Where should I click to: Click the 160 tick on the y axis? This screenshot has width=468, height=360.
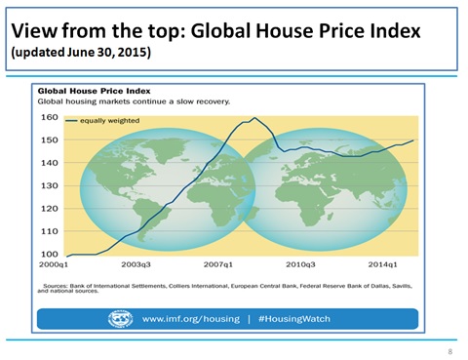[50, 117]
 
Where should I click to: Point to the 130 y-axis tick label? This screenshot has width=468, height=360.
[50, 185]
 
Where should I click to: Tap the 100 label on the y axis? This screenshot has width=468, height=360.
[50, 254]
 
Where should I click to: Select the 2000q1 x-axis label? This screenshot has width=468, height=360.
[54, 264]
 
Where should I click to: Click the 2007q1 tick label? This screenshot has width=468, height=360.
[218, 264]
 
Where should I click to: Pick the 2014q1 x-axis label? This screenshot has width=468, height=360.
[382, 264]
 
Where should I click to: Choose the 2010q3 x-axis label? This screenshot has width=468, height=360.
[300, 264]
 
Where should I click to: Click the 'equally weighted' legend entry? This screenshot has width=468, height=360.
[102, 121]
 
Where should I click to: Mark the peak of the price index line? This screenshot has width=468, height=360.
[254, 118]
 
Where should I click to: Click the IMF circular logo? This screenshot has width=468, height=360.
[120, 319]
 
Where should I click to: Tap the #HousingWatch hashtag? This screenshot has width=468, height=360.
[294, 319]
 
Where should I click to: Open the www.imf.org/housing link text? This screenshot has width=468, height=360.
[191, 319]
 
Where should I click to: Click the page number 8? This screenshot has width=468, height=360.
[450, 351]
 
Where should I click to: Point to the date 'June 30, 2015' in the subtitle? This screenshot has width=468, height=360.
[107, 52]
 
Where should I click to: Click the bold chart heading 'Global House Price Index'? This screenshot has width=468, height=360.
[95, 91]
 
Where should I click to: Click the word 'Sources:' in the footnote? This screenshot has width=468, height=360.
[56, 286]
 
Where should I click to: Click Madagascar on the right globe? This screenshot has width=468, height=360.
[331, 216]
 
